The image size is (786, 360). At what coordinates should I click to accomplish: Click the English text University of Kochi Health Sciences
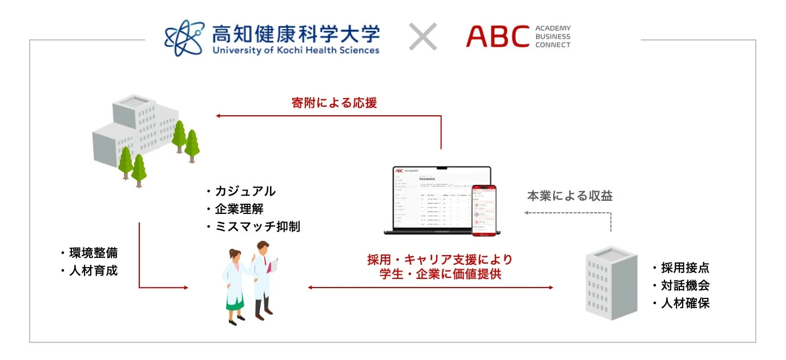[296, 50]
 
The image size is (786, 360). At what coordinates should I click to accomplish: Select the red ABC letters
[498, 37]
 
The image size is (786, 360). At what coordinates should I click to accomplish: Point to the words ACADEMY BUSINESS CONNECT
[553, 37]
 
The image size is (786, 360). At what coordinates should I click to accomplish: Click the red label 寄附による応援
[334, 103]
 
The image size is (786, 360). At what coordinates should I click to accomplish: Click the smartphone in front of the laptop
[483, 209]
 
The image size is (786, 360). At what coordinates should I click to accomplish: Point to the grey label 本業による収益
[570, 196]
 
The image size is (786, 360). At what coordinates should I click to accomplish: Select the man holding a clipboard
[264, 278]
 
